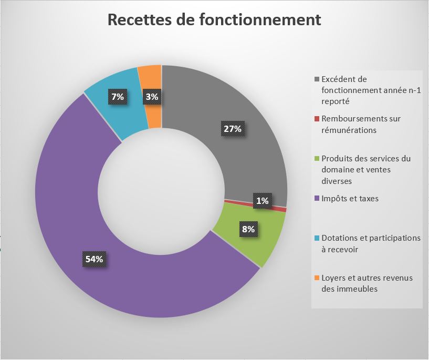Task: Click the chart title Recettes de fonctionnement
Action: [214, 19]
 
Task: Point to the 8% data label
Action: [248, 229]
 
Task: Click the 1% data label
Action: [263, 200]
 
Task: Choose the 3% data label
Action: [152, 96]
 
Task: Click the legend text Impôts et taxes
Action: [350, 199]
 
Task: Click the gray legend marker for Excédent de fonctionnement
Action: [316, 79]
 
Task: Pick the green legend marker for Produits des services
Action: [316, 159]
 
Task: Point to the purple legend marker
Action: [316, 199]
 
